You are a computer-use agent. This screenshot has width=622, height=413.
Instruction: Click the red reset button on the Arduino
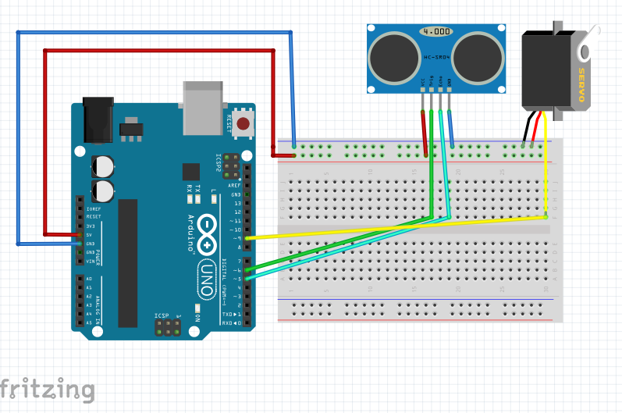pos(243,123)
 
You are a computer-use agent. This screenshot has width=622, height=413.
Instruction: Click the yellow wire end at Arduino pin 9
pos(248,237)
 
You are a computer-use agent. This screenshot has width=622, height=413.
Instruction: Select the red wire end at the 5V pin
pos(80,234)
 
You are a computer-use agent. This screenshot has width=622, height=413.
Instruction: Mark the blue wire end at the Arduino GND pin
pos(80,244)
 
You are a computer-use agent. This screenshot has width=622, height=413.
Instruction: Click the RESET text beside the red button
pos(229,123)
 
